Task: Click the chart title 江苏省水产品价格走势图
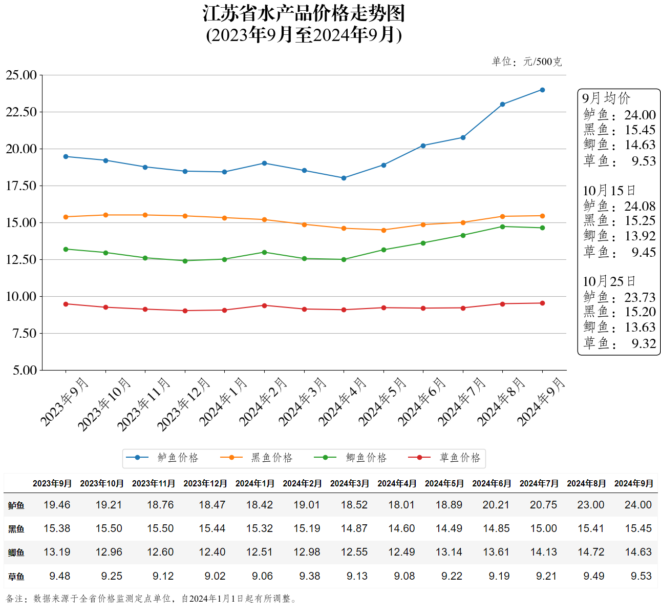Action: click(x=304, y=14)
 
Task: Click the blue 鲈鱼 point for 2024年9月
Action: click(x=542, y=90)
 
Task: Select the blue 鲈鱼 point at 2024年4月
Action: click(x=344, y=178)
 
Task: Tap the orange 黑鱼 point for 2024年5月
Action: click(x=383, y=230)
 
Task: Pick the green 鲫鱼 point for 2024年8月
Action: click(x=502, y=227)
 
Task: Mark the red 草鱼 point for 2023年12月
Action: click(x=185, y=311)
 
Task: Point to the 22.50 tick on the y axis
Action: click(x=22, y=112)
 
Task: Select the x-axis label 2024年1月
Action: click(x=223, y=402)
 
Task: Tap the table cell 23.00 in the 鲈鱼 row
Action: click(x=590, y=505)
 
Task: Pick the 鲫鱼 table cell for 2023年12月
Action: click(x=212, y=552)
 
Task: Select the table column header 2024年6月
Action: click(x=492, y=483)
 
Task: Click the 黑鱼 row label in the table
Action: click(x=16, y=529)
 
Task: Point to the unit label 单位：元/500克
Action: click(x=526, y=62)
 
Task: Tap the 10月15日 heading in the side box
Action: click(x=609, y=191)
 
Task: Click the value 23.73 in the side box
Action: click(x=639, y=297)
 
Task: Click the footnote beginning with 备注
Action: click(x=152, y=598)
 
